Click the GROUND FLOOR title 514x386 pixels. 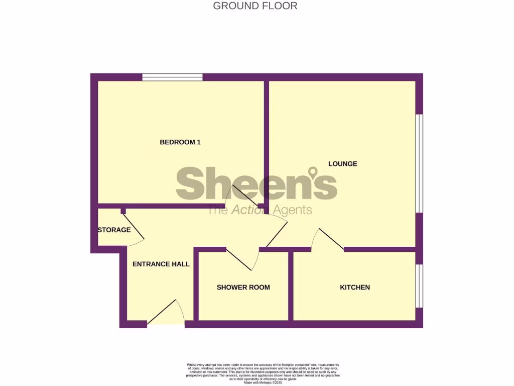(255, 6)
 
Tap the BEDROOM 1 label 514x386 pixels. (180, 142)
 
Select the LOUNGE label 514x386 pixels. (343, 164)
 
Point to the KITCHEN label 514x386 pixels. (355, 287)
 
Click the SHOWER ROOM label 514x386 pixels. (243, 287)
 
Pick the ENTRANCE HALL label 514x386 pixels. (161, 264)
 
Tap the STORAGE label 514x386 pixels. (114, 230)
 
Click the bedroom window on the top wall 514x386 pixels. (172, 77)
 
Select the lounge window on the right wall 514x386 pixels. (420, 163)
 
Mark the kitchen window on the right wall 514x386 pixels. (420, 285)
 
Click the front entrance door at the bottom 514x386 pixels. (166, 314)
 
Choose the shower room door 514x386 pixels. (243, 259)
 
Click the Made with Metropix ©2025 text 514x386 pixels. (263, 382)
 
